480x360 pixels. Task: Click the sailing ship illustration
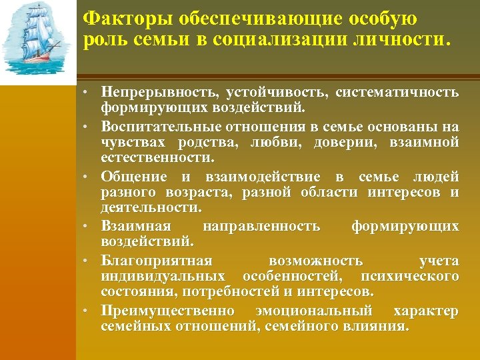coord(38,41)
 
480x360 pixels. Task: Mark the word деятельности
coord(150,209)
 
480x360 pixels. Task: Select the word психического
coord(408,276)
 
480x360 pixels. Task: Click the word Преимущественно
coord(167,311)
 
